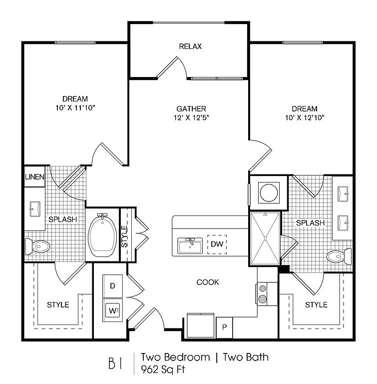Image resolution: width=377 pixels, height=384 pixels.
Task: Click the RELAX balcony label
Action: (190, 46)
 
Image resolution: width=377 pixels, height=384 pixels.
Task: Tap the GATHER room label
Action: (191, 108)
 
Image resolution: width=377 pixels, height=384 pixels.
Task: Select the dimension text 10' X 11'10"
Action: (75, 108)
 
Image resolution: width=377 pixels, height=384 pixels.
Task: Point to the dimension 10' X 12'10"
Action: (305, 117)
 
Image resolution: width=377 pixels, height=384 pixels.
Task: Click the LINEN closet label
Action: (34, 177)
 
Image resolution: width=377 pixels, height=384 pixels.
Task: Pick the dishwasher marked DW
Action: (217, 244)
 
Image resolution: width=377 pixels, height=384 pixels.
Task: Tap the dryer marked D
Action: (112, 286)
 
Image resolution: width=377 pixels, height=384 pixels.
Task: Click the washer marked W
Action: (112, 310)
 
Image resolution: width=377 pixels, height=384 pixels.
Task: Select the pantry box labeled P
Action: (224, 327)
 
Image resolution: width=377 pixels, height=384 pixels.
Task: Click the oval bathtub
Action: (102, 235)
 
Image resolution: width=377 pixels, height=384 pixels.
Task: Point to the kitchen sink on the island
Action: (190, 245)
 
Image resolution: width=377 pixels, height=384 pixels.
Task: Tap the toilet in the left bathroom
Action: (37, 246)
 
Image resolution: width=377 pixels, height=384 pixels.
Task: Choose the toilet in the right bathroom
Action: (339, 256)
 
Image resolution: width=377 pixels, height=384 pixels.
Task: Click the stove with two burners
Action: (267, 293)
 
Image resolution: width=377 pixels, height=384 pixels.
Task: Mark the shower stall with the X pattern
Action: (265, 238)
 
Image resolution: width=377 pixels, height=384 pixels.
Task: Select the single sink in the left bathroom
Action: (35, 209)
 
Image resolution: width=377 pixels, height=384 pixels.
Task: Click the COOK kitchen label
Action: (208, 282)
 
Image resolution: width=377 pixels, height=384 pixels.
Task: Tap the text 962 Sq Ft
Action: (163, 369)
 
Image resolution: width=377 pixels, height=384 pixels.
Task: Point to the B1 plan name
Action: (115, 363)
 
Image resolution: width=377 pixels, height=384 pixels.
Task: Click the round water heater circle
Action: (269, 192)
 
